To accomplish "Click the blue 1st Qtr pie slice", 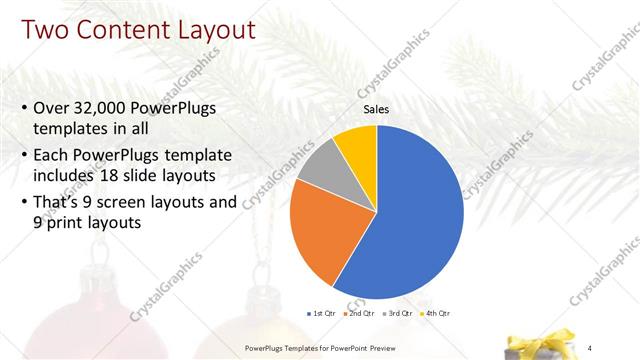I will (x=415, y=210).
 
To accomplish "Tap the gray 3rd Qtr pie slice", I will (x=322, y=167).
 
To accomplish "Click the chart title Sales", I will (x=376, y=110).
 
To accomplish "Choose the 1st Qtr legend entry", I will (x=323, y=315).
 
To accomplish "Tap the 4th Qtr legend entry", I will (x=436, y=315).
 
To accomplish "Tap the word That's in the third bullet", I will (x=61, y=202).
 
